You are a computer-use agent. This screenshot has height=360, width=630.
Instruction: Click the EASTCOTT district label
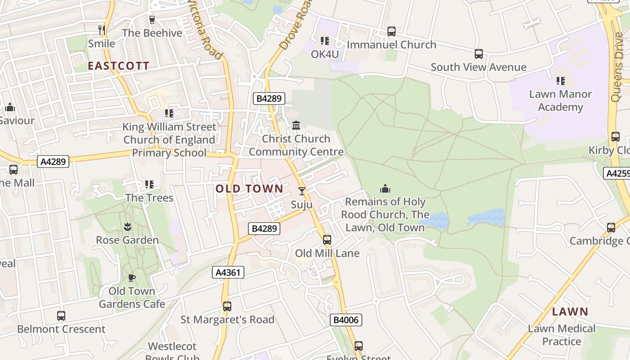[x=118, y=66]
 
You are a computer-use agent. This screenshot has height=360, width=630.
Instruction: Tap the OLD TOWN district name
[x=249, y=189]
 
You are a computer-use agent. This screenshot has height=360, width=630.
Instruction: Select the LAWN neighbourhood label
[x=570, y=311]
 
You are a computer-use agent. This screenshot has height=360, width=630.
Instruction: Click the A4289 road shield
[x=53, y=162]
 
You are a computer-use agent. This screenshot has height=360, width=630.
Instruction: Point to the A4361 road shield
[x=228, y=272]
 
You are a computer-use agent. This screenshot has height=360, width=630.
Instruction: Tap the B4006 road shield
[x=346, y=320]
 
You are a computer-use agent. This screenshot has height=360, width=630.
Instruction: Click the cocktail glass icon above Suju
[x=301, y=191]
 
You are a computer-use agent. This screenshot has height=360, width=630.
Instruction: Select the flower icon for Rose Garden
[x=127, y=226]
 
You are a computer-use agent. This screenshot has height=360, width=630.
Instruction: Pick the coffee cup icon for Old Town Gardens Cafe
[x=131, y=278]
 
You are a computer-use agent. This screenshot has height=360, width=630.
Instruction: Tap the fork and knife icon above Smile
[x=102, y=30]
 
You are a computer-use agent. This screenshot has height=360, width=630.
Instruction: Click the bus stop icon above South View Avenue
[x=479, y=54]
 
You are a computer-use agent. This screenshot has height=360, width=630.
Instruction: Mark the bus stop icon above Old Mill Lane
[x=327, y=240]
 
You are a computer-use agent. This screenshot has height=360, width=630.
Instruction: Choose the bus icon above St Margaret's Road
[x=227, y=306]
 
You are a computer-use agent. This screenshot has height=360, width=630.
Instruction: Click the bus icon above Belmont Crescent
[x=61, y=316]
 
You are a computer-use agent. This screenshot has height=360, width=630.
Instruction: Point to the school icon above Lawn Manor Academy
[x=560, y=81]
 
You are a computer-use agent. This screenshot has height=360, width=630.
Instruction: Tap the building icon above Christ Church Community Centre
[x=296, y=126]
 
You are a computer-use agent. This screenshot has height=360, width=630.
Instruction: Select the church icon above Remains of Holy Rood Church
[x=385, y=189]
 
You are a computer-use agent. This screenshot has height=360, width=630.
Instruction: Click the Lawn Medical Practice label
[x=562, y=335]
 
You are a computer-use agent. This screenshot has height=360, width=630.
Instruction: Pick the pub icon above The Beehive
[x=152, y=20]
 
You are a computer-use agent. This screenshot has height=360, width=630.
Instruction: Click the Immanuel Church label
[x=391, y=45]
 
